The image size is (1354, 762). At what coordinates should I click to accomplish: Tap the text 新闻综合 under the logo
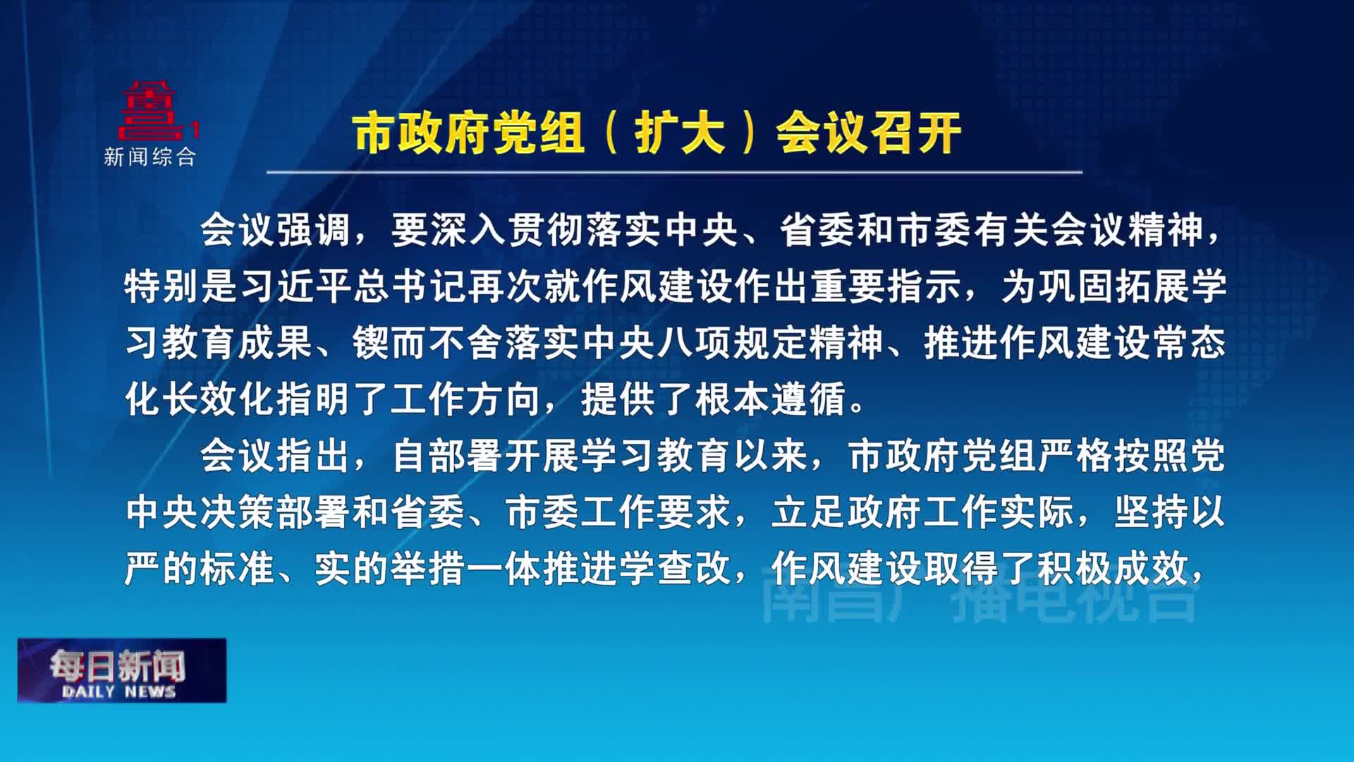150,157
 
